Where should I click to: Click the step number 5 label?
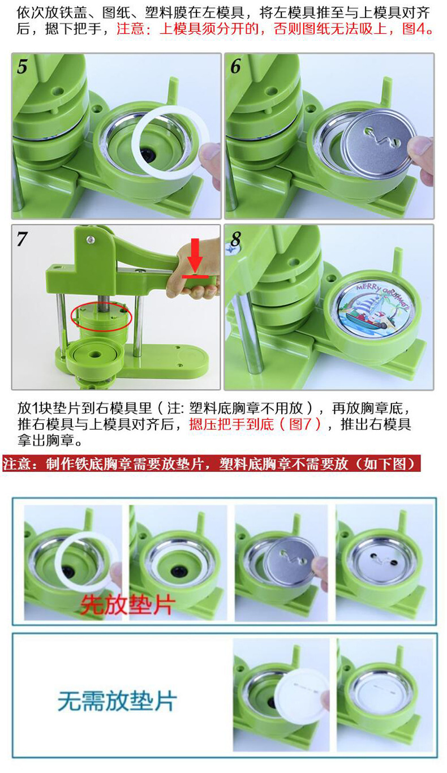[x=22, y=67]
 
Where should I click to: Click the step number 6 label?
[x=235, y=67]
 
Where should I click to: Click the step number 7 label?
[x=22, y=239]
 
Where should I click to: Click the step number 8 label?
[x=235, y=240]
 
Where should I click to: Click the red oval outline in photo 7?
[x=101, y=317]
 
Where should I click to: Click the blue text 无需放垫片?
[x=117, y=702]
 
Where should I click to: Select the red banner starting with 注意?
[x=210, y=465]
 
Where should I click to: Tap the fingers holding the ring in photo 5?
[x=213, y=161]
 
